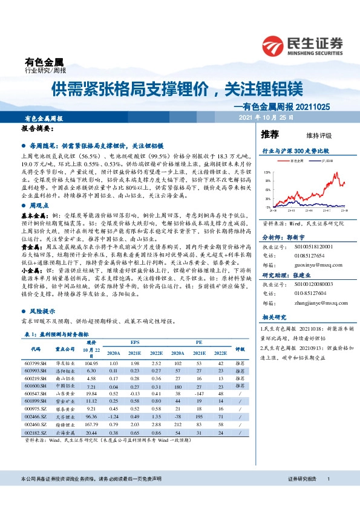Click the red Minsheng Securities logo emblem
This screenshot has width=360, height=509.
(x=273, y=44)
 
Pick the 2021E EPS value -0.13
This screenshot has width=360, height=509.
(x=134, y=393)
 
